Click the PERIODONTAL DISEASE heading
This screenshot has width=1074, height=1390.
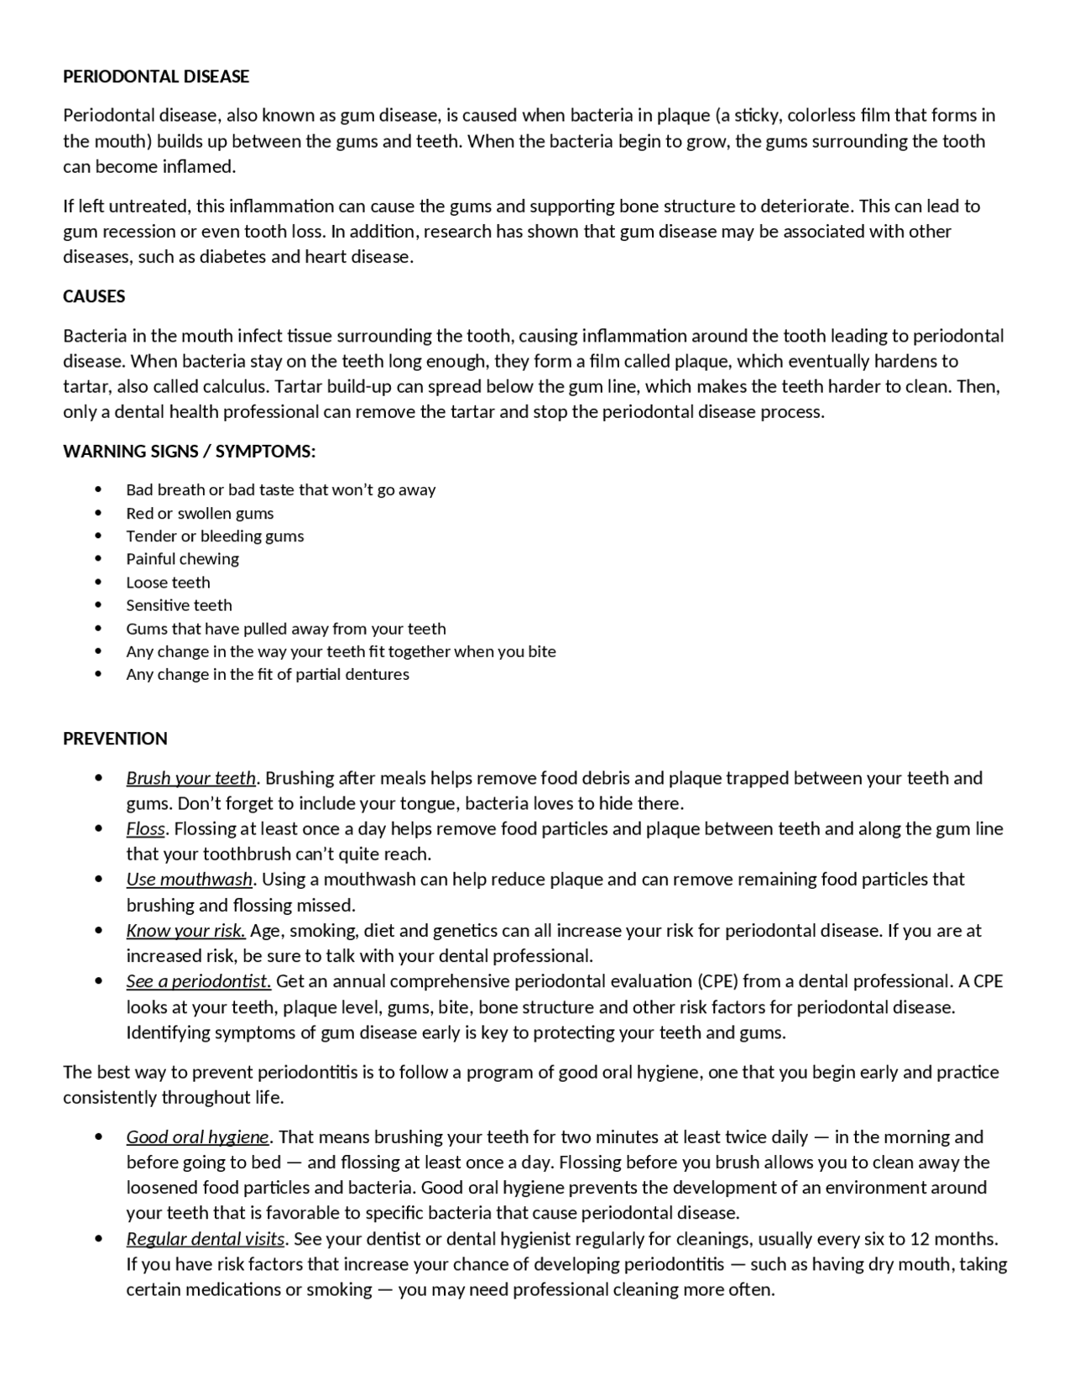(156, 76)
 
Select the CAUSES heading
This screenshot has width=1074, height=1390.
(94, 296)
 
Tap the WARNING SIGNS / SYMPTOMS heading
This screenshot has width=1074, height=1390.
(189, 452)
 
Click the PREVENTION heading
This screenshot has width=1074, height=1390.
(115, 739)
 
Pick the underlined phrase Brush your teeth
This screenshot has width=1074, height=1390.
(190, 778)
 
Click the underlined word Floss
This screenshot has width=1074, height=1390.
(145, 829)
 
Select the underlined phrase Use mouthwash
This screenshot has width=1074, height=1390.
(189, 880)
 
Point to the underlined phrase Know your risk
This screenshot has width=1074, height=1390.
(185, 931)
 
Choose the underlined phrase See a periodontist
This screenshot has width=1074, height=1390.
(198, 981)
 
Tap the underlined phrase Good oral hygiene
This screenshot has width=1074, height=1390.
(197, 1137)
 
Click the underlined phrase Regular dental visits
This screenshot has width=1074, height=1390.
(206, 1239)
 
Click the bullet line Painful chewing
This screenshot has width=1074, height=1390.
(182, 559)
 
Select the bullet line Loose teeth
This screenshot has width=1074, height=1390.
(168, 583)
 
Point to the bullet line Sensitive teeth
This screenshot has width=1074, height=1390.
(179, 605)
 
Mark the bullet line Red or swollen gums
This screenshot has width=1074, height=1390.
(200, 514)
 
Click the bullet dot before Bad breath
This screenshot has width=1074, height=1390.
(99, 489)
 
